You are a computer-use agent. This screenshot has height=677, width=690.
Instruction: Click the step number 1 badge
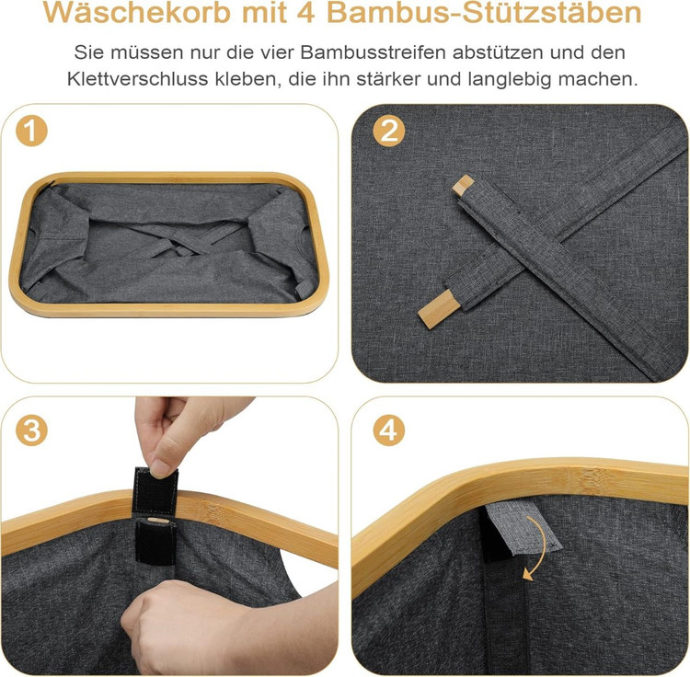[31, 131]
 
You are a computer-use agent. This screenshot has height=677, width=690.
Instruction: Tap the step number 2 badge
[388, 131]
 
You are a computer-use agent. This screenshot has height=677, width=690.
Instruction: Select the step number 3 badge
[31, 430]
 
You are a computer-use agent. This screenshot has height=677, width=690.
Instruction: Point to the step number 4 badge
[388, 430]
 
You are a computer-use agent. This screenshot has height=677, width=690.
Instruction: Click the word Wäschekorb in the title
[137, 13]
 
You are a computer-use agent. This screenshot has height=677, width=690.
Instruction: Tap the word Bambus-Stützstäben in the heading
[484, 13]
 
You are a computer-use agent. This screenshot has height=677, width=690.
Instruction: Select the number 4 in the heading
[305, 13]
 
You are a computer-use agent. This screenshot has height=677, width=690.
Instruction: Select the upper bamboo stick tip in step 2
[463, 183]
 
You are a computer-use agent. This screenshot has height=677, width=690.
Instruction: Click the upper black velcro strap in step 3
[155, 489]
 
